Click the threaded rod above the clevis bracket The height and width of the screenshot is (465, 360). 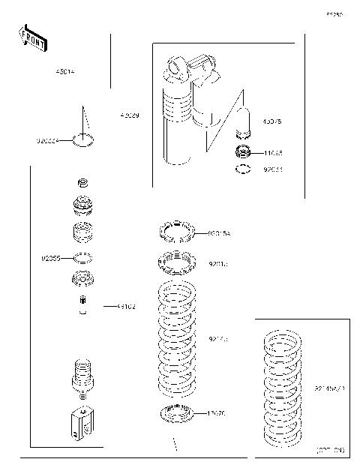pos(84,374)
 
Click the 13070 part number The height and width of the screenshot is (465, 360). pos(217,412)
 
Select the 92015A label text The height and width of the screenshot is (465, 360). pos(220,234)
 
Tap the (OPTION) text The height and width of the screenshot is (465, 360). pos(328,451)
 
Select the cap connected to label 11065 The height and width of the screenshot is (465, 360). pos(242,153)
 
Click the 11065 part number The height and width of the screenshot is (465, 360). pos(272,153)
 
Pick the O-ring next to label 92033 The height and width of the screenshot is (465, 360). pos(242,170)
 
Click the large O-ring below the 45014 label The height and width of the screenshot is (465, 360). pos(84,139)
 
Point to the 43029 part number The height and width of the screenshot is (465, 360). pos(129,115)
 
